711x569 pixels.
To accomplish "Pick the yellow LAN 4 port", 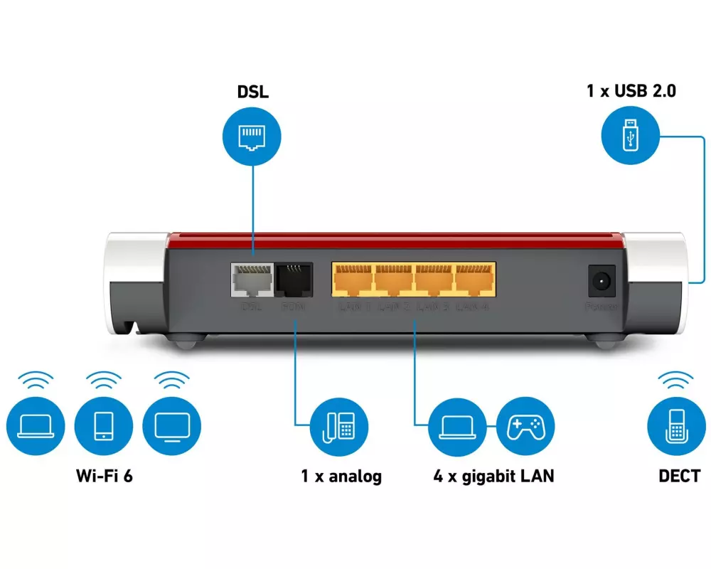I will (476, 280).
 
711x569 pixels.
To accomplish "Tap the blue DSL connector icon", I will (252, 136).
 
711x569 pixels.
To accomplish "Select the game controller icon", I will (525, 427).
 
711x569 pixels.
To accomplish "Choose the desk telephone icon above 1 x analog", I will (339, 427).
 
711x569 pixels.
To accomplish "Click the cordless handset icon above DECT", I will (676, 427).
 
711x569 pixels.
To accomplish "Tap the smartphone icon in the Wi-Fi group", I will (103, 426).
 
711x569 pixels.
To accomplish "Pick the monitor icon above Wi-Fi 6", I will (171, 426).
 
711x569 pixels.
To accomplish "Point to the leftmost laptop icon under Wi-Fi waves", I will (35, 426).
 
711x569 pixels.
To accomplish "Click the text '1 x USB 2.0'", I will (631, 91).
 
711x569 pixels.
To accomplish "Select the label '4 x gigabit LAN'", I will (493, 476).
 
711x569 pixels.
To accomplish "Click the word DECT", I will (679, 476).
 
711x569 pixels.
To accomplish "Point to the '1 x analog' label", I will (341, 476).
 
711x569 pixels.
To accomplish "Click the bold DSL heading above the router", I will (253, 92).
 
